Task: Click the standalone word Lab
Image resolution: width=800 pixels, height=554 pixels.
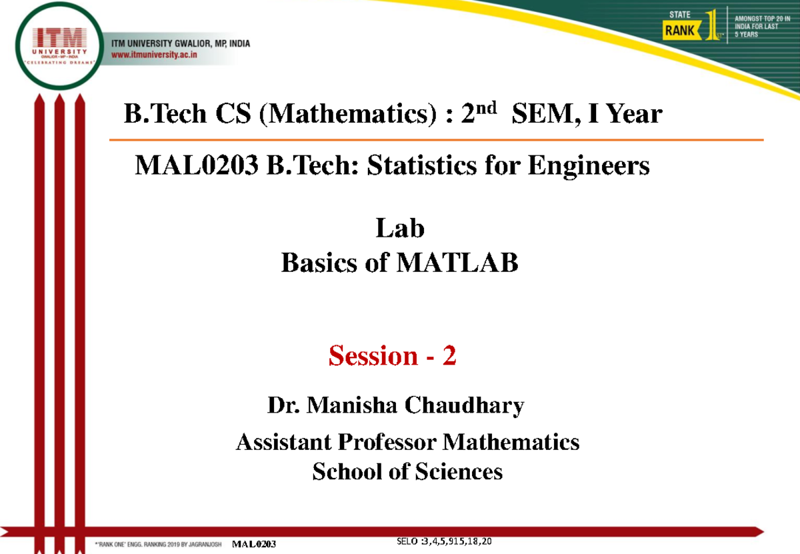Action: pos(400,229)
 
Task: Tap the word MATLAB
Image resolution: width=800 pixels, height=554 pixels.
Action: pos(457,263)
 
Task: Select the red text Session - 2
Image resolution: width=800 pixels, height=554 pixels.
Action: pos(392,357)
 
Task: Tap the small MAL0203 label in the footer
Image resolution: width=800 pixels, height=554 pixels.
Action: pos(254,544)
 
